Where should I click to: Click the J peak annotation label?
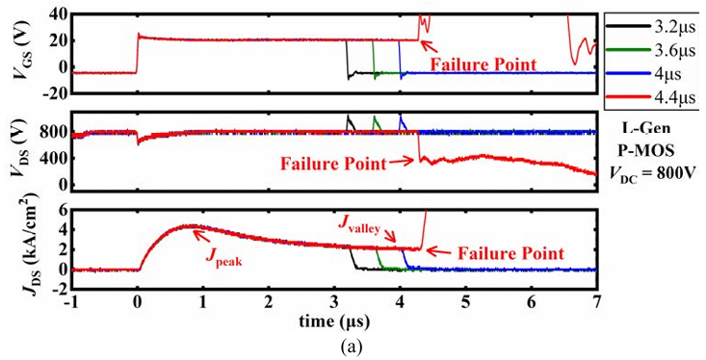click(x=224, y=257)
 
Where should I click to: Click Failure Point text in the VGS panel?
click(x=484, y=64)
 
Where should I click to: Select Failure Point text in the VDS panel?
click(x=333, y=164)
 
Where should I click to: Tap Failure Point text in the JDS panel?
click(x=510, y=254)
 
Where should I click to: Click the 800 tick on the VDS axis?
click(x=56, y=133)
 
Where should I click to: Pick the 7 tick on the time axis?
click(x=597, y=303)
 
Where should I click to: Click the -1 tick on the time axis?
click(x=71, y=303)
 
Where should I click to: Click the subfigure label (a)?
click(x=353, y=347)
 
